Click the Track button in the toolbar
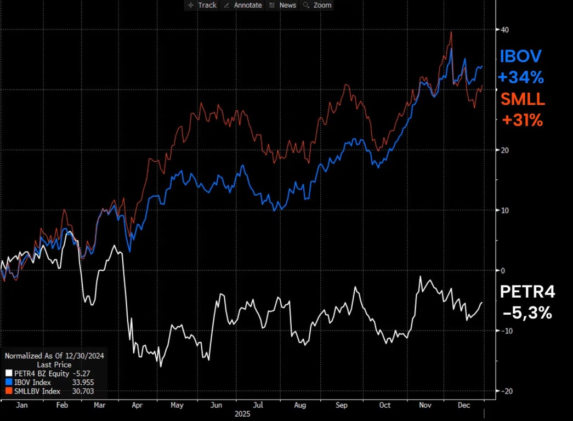click(x=202, y=5)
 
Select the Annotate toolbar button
click(x=243, y=5)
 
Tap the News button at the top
click(x=283, y=5)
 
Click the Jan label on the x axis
click(x=22, y=405)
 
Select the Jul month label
click(x=259, y=405)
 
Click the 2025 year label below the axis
click(x=243, y=413)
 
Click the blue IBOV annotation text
click(x=520, y=56)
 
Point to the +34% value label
click(x=521, y=78)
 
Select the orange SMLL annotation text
click(x=523, y=99)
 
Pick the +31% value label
click(x=522, y=121)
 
